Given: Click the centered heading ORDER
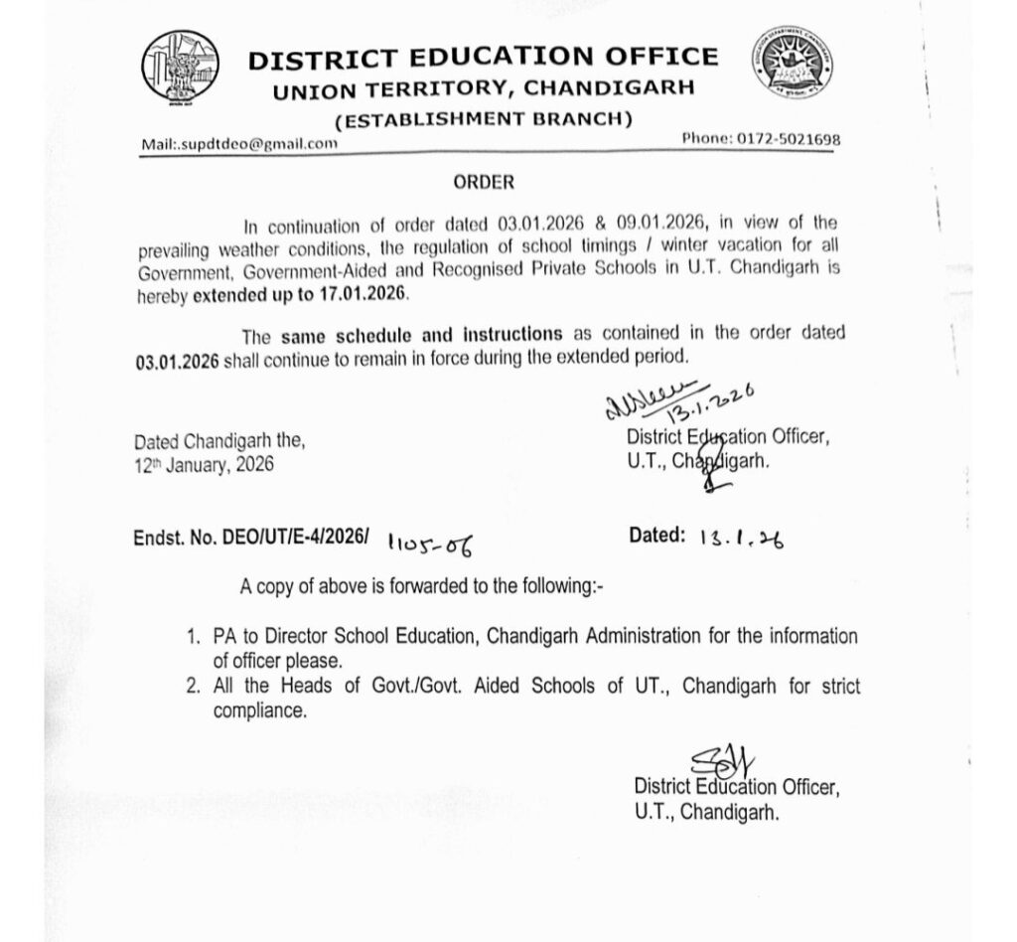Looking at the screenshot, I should [x=484, y=183].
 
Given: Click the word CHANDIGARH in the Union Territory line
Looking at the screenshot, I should [x=610, y=89].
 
